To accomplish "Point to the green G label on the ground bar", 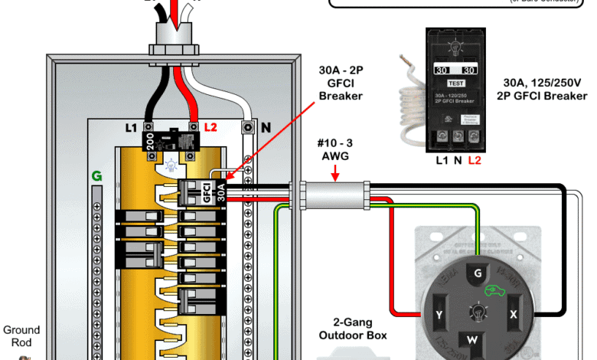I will click(x=96, y=176).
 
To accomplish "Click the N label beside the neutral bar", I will click(x=265, y=128).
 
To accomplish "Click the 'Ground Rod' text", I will click(x=21, y=337).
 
